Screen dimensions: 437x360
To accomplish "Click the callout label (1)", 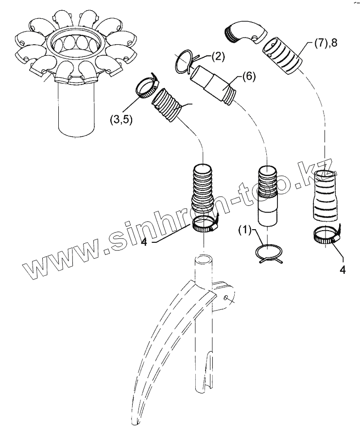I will click(245, 229).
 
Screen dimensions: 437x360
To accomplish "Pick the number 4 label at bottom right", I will click(343, 270).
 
